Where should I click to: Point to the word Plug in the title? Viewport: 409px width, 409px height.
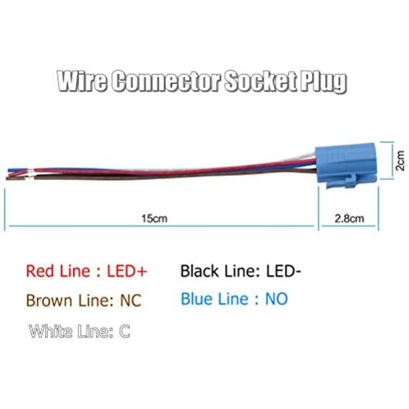tap(324, 82)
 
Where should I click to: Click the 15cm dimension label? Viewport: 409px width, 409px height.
tap(154, 218)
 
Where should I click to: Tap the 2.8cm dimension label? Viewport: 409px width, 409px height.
tap(349, 218)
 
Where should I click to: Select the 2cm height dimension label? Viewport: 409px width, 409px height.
tap(400, 161)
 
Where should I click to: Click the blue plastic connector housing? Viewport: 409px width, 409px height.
tap(346, 165)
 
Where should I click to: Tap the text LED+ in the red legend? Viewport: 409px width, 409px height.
tap(127, 271)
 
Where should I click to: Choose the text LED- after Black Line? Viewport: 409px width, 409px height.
tap(284, 271)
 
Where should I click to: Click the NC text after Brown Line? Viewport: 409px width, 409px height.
tap(130, 300)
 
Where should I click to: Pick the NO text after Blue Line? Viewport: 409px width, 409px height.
tap(276, 299)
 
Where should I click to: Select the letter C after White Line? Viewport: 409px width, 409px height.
tap(124, 331)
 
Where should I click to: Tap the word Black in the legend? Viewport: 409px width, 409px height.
tap(200, 271)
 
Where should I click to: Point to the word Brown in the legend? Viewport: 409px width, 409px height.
tap(49, 300)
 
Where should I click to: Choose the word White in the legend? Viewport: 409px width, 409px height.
tap(51, 331)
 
